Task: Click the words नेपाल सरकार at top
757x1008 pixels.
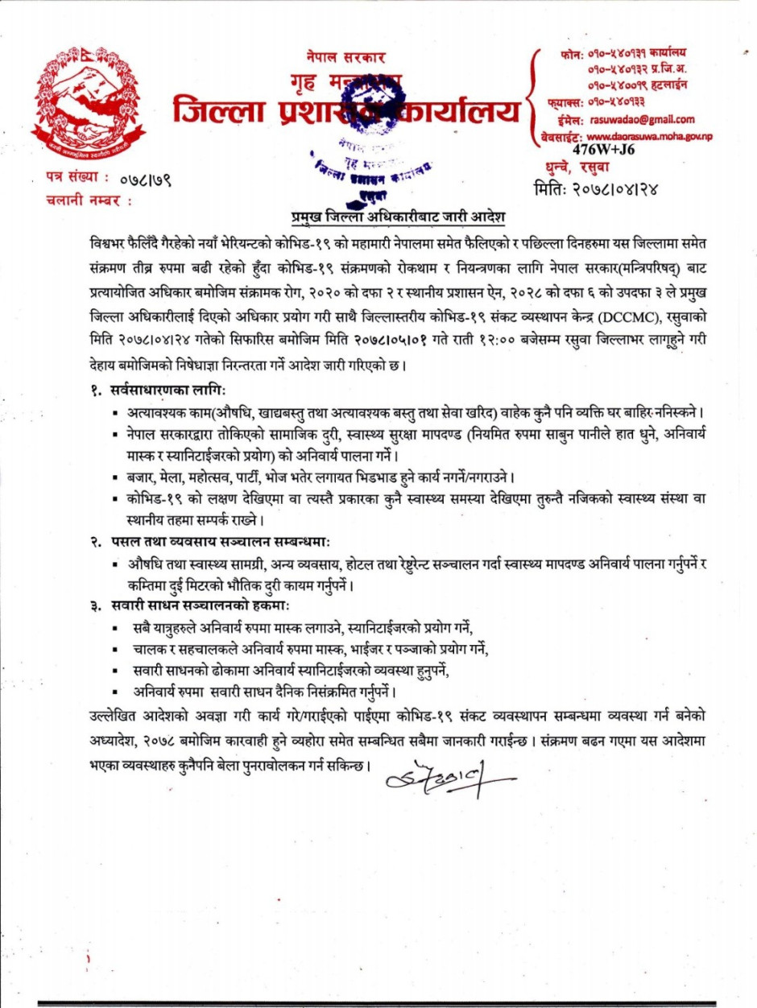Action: click(345, 58)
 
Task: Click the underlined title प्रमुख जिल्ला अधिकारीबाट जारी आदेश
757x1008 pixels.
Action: click(397, 217)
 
